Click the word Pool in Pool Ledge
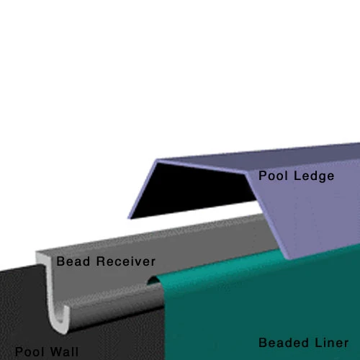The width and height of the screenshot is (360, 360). pyautogui.click(x=273, y=176)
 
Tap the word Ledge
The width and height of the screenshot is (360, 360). pyautogui.click(x=314, y=176)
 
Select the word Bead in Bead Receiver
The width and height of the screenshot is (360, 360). pyautogui.click(x=73, y=261)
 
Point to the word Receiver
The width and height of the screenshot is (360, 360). pyautogui.click(x=126, y=261)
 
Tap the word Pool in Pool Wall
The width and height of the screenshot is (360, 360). pyautogui.click(x=30, y=352)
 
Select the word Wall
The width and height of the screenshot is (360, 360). pyautogui.click(x=65, y=352)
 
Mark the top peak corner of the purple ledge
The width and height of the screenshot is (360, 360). pyautogui.click(x=157, y=160)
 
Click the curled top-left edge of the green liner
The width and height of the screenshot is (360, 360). pyautogui.click(x=154, y=279)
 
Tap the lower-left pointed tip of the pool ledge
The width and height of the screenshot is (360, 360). pyautogui.click(x=129, y=218)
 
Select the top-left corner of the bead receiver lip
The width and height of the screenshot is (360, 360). pyautogui.click(x=36, y=251)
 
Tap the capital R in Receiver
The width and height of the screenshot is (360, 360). pyautogui.click(x=101, y=261)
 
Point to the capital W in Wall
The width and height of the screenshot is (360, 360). pyautogui.click(x=56, y=352)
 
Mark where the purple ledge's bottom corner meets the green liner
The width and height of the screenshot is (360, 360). pyautogui.click(x=287, y=258)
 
